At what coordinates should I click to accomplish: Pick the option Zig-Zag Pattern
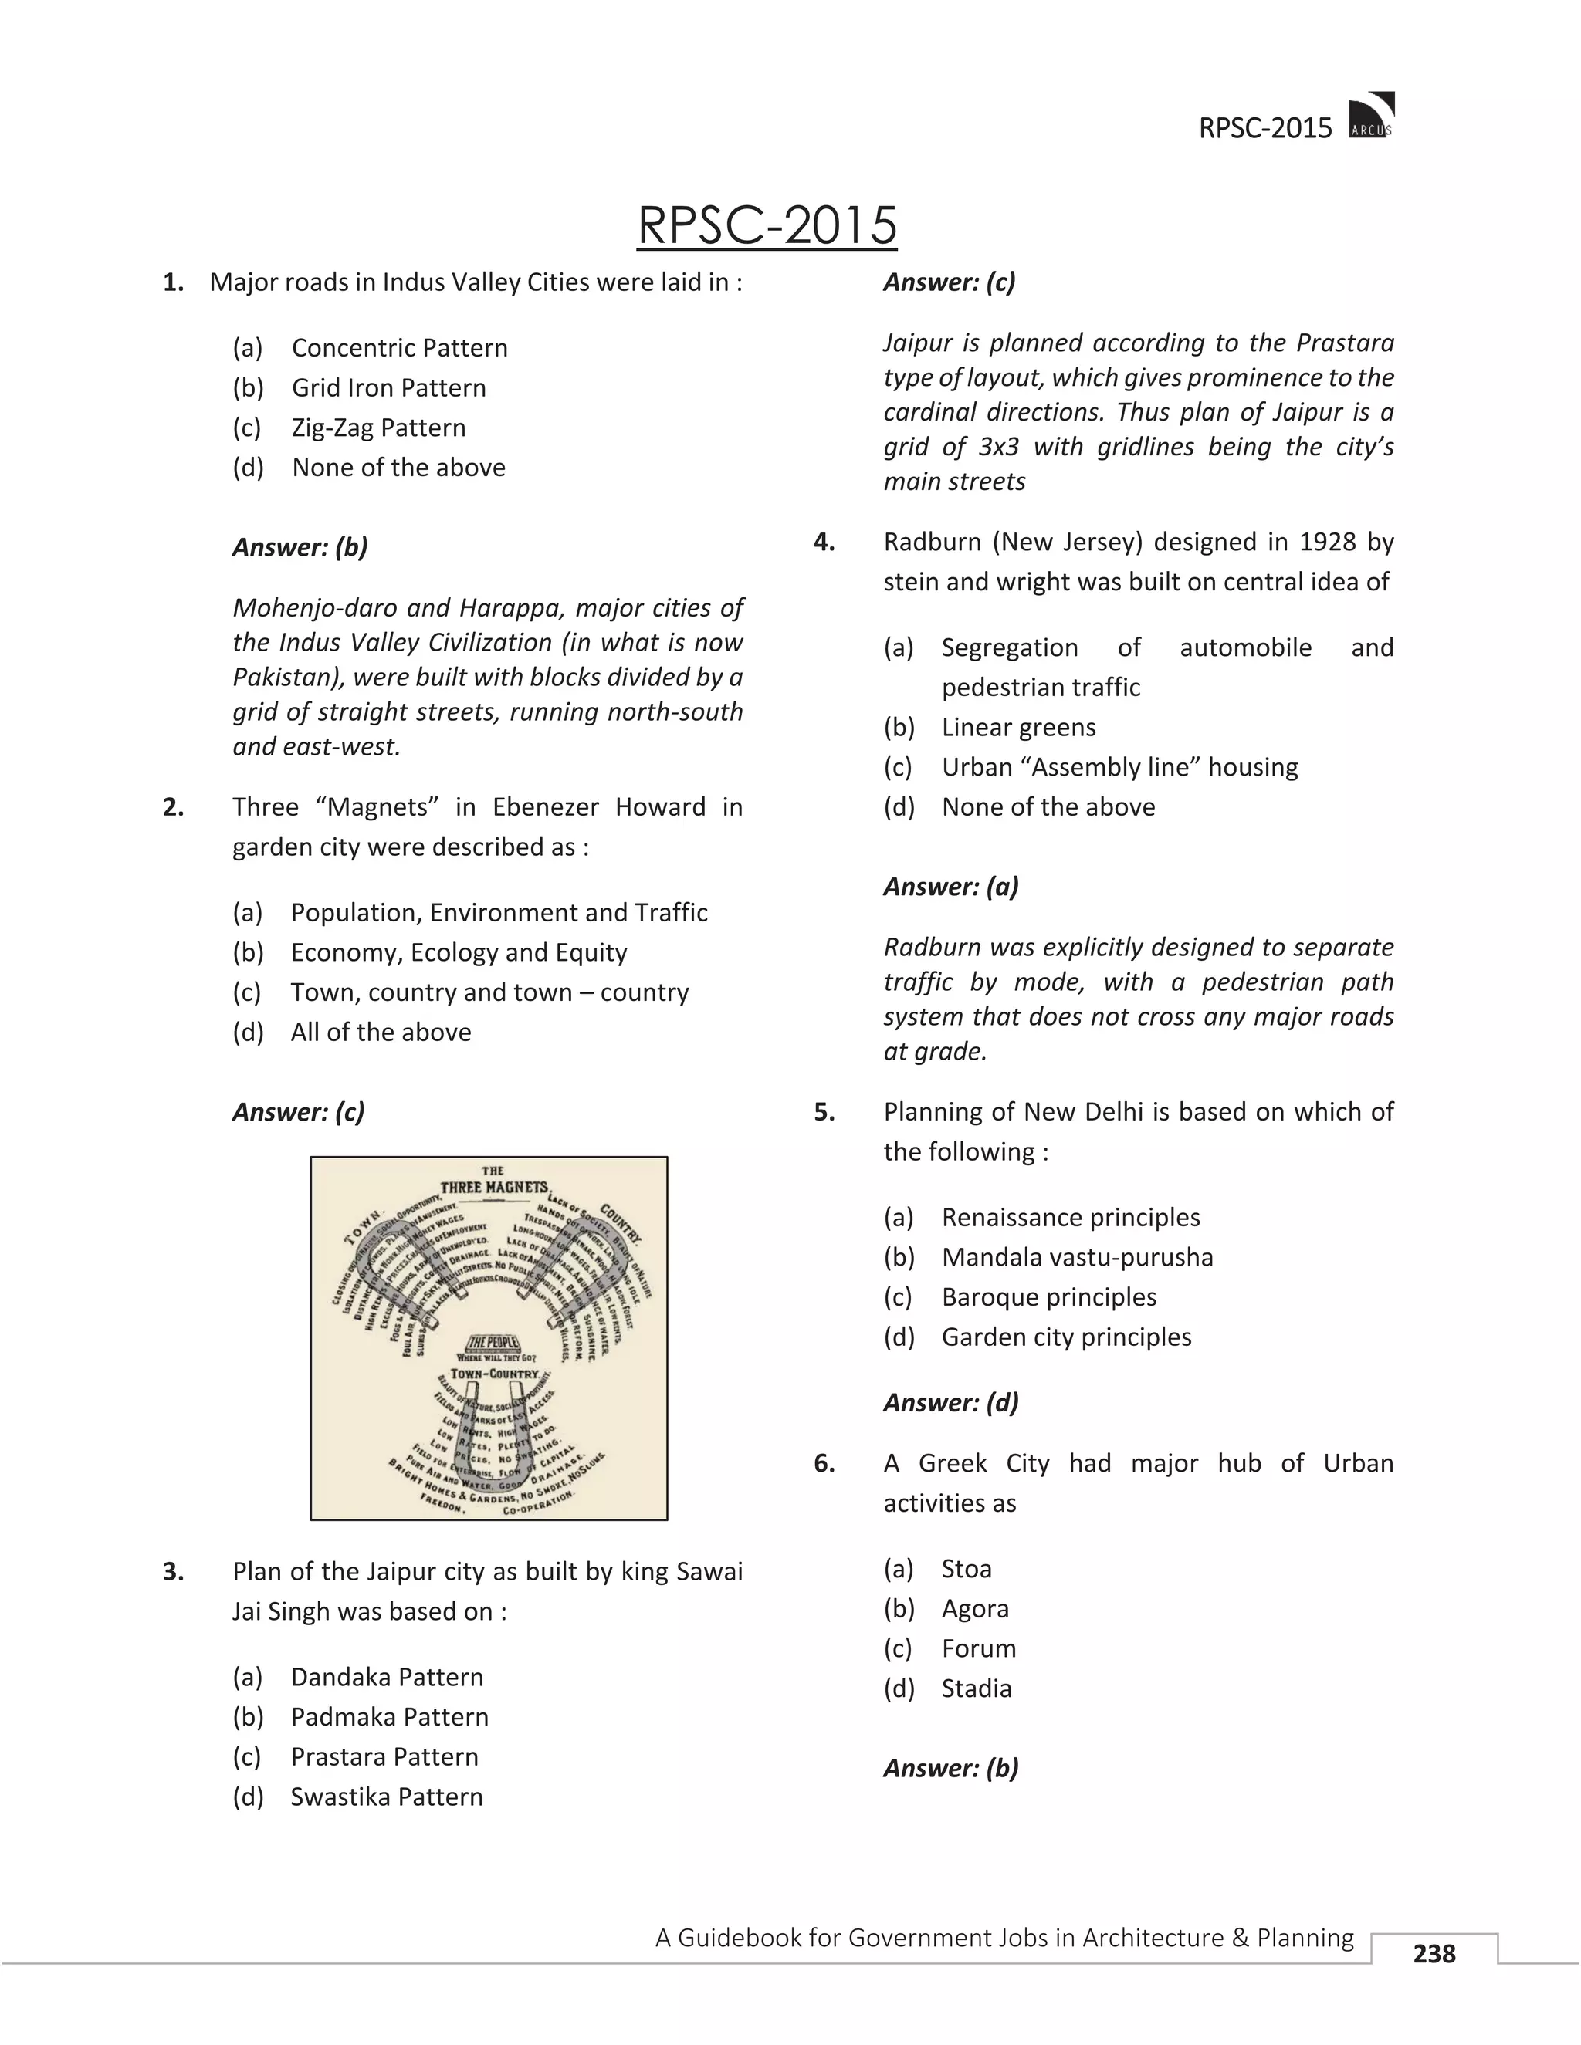coord(377,428)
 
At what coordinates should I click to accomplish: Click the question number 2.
coord(173,807)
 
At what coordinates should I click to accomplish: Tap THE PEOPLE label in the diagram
coord(492,1342)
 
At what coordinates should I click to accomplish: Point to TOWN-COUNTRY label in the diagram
coord(493,1374)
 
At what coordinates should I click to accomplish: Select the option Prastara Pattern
coord(384,1756)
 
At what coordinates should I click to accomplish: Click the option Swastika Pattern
coord(386,1797)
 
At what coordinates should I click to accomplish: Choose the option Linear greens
coord(1018,728)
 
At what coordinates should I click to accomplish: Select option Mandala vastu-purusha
coord(1077,1258)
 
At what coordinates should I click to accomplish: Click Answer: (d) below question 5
coord(950,1403)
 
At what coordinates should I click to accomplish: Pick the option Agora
coord(975,1609)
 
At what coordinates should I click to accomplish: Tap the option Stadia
coord(976,1688)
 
